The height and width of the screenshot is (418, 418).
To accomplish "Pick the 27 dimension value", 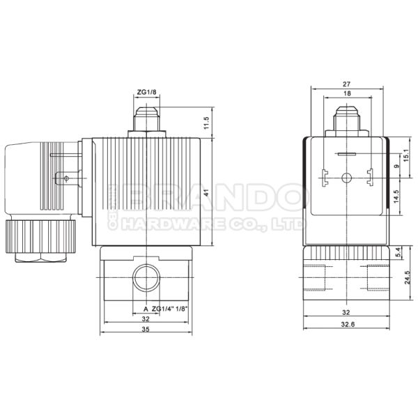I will [346, 82].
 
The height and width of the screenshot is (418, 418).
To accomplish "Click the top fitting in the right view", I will [346, 118].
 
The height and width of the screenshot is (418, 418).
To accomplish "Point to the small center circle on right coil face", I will [346, 177].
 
